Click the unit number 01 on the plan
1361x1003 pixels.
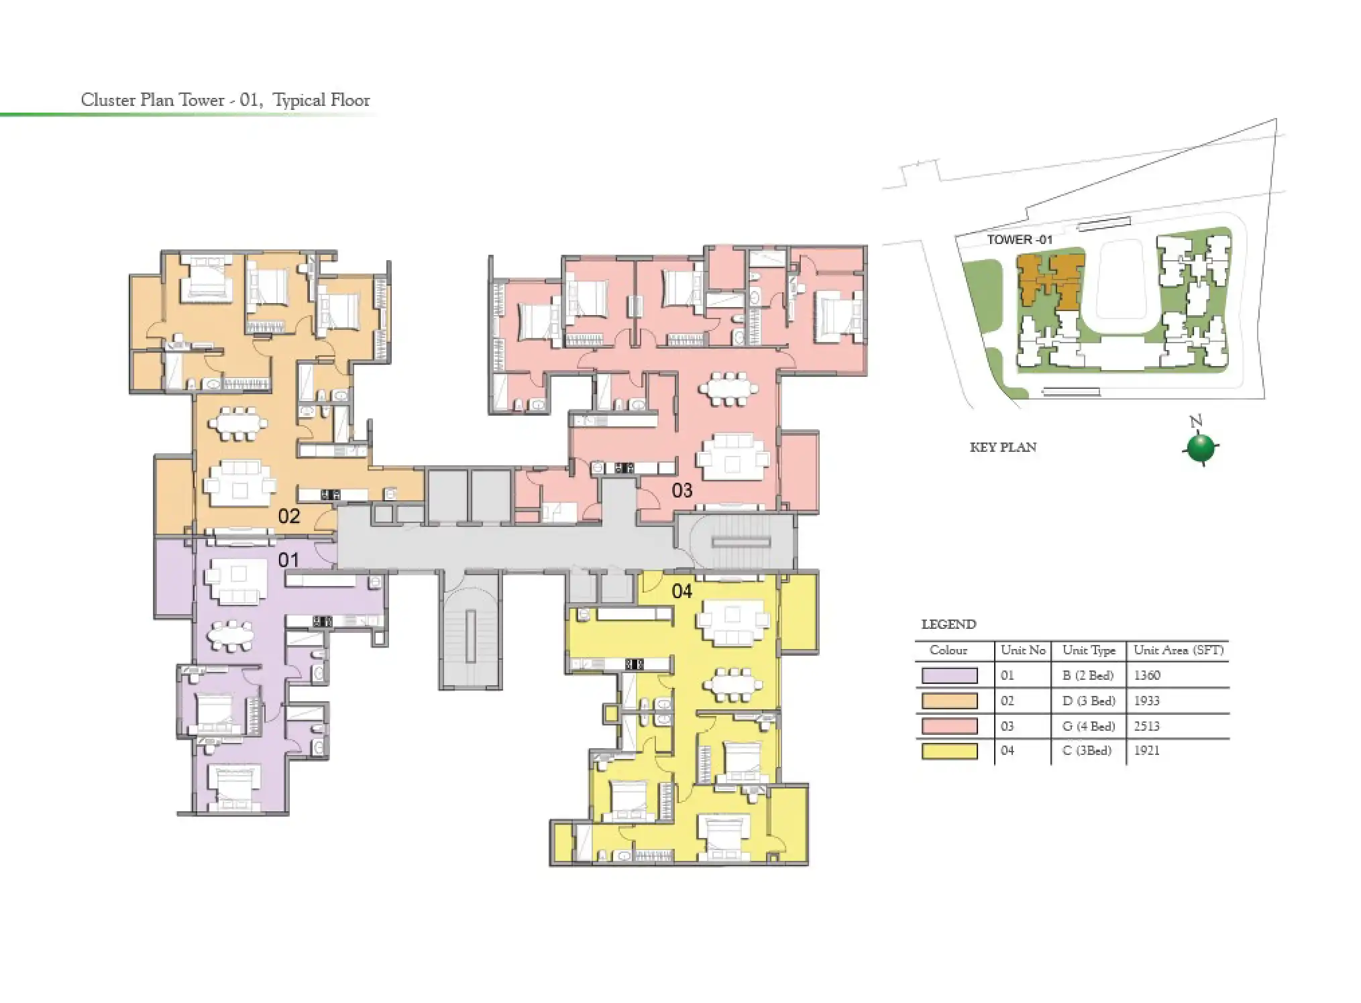[x=288, y=559]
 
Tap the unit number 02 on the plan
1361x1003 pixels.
[x=288, y=516]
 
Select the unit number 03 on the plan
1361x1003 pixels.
[x=682, y=490]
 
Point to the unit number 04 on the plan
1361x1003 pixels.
[x=682, y=591]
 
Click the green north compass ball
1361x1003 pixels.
[x=1200, y=449]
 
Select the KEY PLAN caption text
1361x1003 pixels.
[x=1003, y=447]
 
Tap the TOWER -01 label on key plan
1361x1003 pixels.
[x=1019, y=239]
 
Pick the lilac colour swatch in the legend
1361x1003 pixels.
[x=949, y=675]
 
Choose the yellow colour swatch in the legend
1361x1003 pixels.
[x=949, y=751]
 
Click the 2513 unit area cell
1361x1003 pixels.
[x=1146, y=726]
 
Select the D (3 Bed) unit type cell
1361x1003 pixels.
[x=1088, y=701]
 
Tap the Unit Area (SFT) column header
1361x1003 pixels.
[x=1178, y=650]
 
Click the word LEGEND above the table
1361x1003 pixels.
[x=948, y=624]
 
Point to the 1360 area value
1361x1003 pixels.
[x=1146, y=675]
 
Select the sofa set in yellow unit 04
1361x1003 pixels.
[x=732, y=622]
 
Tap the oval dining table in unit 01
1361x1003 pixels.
[x=229, y=635]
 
